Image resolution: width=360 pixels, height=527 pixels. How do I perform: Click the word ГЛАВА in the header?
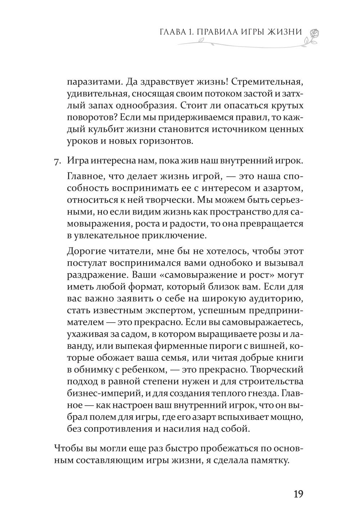click(172, 32)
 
